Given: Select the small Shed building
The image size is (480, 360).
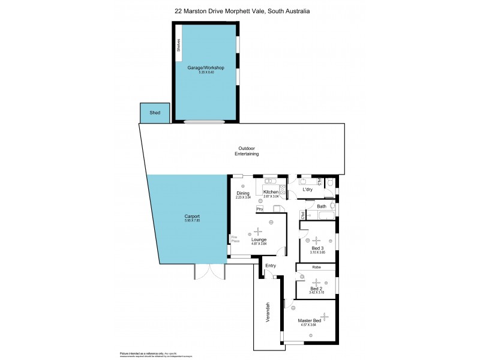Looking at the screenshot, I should click(x=155, y=112).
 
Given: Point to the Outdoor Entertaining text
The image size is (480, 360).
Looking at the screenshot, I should click(x=246, y=151).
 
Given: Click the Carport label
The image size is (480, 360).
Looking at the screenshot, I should click(x=192, y=216).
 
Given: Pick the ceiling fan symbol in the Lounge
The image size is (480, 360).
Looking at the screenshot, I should click(x=259, y=231).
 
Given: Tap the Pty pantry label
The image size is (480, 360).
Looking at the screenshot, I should click(x=259, y=209).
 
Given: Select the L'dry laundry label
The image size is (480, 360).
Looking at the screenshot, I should click(x=307, y=190).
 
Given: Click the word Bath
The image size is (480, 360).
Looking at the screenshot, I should click(x=322, y=206).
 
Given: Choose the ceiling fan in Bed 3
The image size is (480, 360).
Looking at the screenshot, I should click(x=316, y=241).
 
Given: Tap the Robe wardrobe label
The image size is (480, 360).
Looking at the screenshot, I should click(x=316, y=267).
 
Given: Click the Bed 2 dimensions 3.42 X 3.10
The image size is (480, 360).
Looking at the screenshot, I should click(x=317, y=292).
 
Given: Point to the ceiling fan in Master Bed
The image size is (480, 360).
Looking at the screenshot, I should click(x=324, y=316).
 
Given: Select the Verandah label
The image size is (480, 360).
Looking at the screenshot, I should click(x=268, y=313).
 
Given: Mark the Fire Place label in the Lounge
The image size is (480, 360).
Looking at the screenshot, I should click(x=235, y=238).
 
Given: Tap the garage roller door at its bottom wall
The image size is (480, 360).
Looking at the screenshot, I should click(x=205, y=122).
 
